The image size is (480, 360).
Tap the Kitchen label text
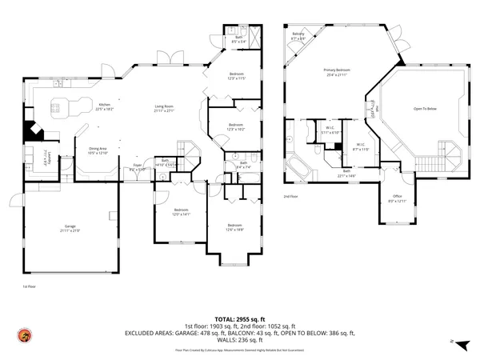pos(104,104)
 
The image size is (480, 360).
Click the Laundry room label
pos(46,158)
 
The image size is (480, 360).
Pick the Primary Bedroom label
pos(338,71)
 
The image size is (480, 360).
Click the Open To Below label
pos(425,108)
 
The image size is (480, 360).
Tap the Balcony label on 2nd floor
pos(298,34)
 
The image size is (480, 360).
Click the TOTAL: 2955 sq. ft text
pos(240,318)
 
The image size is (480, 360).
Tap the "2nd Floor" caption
pos(291,196)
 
